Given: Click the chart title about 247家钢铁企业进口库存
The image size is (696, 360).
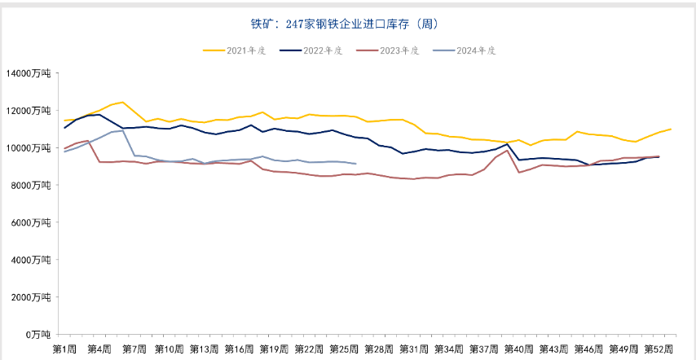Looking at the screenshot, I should point(349,24).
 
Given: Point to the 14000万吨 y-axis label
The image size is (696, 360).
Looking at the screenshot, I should point(29,73).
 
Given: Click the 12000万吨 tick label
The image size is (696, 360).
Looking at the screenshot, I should point(29,111).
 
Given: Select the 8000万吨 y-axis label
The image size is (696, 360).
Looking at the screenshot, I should point(31,185).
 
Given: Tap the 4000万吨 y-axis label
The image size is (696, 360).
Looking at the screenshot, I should point(31,260).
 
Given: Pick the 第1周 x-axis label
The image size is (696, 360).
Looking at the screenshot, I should point(64,349).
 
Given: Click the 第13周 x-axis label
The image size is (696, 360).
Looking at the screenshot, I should point(204,349).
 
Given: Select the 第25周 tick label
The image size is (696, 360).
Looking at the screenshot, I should point(343,349).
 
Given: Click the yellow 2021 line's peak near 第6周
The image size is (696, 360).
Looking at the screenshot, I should point(122,102).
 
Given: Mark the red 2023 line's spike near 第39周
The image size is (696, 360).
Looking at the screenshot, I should point(507,150).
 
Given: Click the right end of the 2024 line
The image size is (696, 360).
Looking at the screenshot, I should point(355,164).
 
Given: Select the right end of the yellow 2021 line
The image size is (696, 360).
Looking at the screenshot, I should point(670,129).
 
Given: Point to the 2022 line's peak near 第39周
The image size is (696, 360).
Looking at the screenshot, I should point(507,144).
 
